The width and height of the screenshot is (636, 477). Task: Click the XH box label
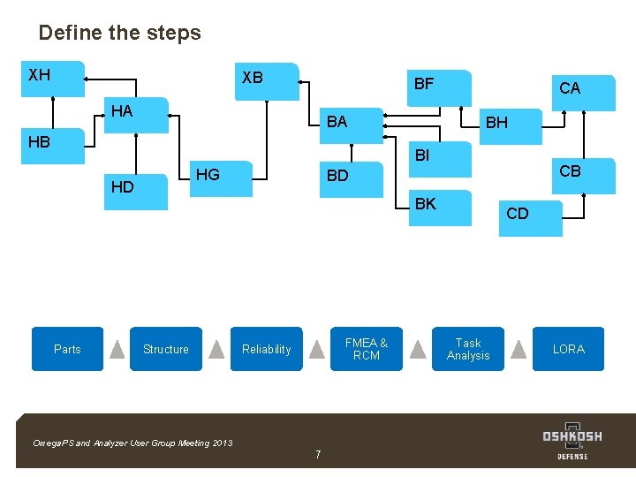point(40,75)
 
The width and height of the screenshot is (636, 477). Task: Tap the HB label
point(39,142)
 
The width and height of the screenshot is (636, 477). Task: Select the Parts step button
point(67,349)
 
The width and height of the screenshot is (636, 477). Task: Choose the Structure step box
point(166,349)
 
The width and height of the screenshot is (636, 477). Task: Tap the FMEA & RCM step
point(367,349)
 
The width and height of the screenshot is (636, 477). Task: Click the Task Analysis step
point(468,349)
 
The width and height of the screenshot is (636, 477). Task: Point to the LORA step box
point(568,349)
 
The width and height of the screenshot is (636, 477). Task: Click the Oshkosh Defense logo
point(572,441)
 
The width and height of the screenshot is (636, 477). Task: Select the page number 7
point(318,455)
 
